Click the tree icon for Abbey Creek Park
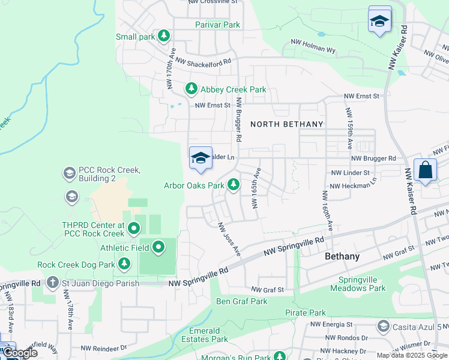click(191, 89)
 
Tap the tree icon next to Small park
click(163, 37)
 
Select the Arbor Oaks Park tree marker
click(233, 185)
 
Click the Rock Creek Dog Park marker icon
click(124, 264)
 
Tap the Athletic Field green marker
click(158, 247)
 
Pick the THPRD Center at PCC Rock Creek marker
click(133, 229)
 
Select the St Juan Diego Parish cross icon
click(53, 283)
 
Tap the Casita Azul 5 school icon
click(383, 326)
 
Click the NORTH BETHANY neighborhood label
click(286, 124)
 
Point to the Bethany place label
click(342, 256)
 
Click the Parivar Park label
click(217, 25)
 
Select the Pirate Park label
click(306, 313)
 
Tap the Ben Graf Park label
click(241, 301)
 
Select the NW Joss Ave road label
click(229, 239)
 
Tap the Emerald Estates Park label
click(204, 335)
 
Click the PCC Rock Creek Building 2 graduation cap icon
click(69, 173)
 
